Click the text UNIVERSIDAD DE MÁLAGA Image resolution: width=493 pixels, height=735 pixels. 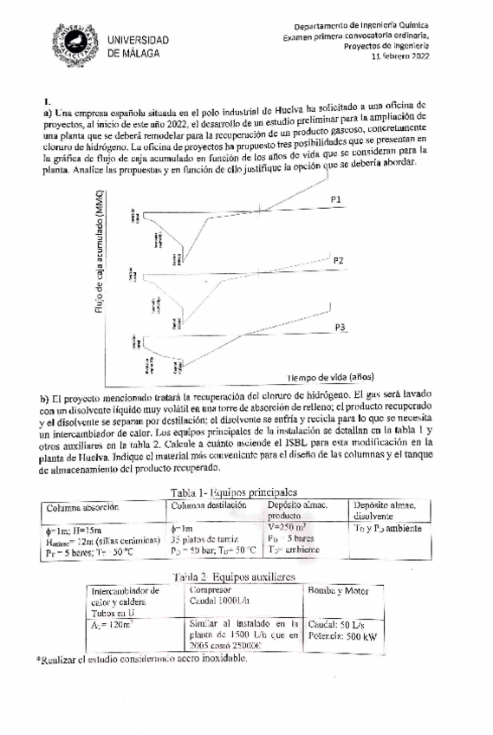(138, 47)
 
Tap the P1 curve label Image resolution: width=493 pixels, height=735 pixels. (335, 199)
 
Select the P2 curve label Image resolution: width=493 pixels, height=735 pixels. (338, 260)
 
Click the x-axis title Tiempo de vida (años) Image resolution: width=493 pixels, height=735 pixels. (332, 378)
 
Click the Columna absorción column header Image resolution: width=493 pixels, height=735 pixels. (83, 507)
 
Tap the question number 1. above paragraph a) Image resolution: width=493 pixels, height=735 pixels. (49, 101)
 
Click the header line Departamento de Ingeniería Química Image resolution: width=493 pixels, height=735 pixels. (368, 26)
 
